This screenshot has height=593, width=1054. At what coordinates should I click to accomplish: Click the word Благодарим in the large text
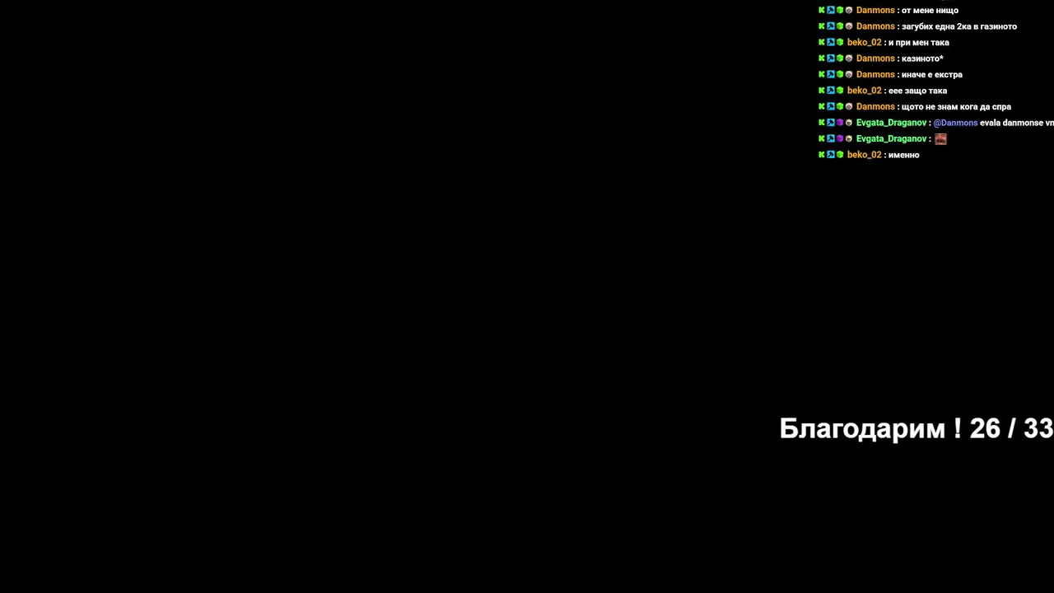(x=862, y=429)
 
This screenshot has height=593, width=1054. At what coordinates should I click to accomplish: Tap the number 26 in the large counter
(x=985, y=428)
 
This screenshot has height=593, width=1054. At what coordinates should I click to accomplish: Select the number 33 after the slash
(x=1038, y=428)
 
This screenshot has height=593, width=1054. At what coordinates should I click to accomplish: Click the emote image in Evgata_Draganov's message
(x=940, y=139)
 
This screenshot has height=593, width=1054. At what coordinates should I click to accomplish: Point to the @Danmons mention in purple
(x=955, y=123)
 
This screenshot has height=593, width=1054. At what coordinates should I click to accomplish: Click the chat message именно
(x=903, y=155)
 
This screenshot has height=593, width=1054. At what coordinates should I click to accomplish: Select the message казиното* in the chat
(x=922, y=58)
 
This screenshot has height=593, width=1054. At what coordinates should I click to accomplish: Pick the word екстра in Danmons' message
(x=948, y=75)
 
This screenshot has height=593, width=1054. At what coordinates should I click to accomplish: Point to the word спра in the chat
(x=1001, y=107)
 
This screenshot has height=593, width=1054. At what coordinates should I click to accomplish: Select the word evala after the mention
(x=990, y=123)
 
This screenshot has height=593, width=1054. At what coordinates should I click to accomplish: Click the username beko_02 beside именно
(x=864, y=155)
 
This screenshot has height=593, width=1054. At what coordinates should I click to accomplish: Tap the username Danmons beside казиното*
(x=875, y=58)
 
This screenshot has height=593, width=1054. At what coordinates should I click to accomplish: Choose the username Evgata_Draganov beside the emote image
(x=891, y=139)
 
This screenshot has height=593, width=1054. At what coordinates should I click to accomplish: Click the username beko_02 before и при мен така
(x=864, y=42)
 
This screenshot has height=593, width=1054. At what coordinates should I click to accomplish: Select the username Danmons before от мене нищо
(x=875, y=11)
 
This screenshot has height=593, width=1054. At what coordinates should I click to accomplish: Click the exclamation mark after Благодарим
(x=957, y=428)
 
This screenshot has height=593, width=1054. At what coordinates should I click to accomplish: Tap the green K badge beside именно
(x=822, y=154)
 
